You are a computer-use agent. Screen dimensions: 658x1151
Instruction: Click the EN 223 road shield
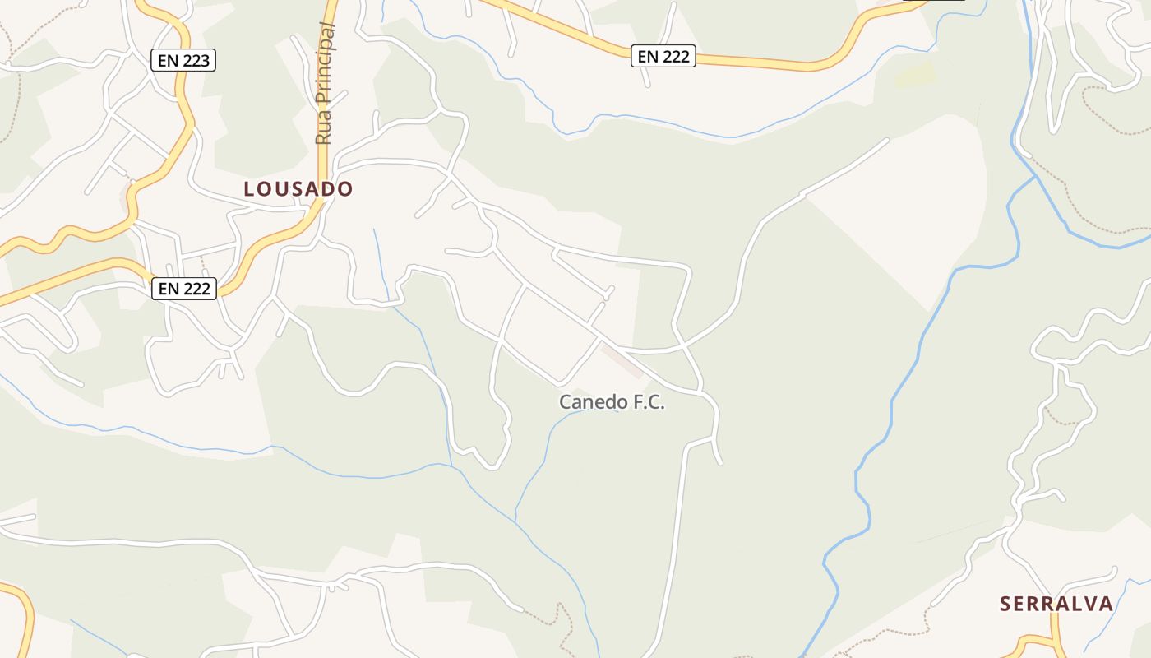click(183, 60)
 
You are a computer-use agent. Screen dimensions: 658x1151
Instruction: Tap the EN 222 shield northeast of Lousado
click(663, 56)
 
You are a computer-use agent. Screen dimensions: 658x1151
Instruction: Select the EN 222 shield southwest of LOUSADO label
click(184, 289)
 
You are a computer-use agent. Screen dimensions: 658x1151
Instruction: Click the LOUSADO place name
click(298, 189)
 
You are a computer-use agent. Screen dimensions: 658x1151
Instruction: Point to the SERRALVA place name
click(1056, 604)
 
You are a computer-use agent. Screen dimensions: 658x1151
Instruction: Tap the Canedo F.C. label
click(611, 402)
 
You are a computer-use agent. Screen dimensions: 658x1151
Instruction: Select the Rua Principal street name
click(324, 84)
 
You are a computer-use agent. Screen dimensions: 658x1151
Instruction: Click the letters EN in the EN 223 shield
click(168, 60)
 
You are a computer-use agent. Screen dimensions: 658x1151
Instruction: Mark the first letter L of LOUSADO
click(249, 189)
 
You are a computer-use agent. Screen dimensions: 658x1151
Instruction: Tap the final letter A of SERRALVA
click(1106, 604)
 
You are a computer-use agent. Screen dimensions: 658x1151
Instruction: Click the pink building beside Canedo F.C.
click(622, 360)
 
